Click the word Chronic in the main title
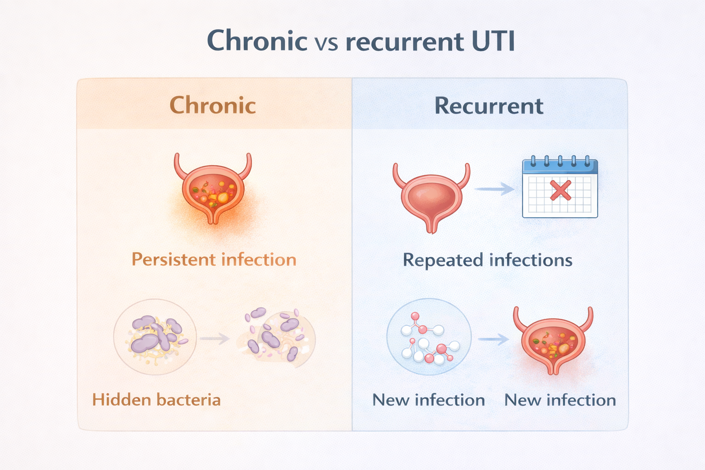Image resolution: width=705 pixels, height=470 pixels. coord(257,41)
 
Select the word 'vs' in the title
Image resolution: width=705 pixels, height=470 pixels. coord(326,43)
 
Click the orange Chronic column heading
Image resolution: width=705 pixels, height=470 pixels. coord(213,105)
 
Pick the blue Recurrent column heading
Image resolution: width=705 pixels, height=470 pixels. coord(489,106)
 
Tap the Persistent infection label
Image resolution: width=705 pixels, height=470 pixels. coord(214,259)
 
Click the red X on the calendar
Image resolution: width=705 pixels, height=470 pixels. coord(560,190)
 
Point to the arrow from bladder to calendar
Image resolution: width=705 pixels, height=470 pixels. coord(494,189)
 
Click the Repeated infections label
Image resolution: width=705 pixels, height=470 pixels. coord(487,260)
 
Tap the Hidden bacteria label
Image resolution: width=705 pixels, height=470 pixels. coord(157,400)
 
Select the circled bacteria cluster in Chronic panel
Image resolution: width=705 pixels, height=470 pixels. coord(155,337)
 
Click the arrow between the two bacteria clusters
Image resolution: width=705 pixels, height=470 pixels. coord(214,339)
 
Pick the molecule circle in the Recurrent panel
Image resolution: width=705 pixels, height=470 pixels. coord(429,336)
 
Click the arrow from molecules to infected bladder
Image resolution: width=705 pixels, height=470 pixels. coord(493,339)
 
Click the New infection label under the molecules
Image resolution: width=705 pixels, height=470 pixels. coord(428,400)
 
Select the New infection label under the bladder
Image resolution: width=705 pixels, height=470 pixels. coord(560,400)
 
